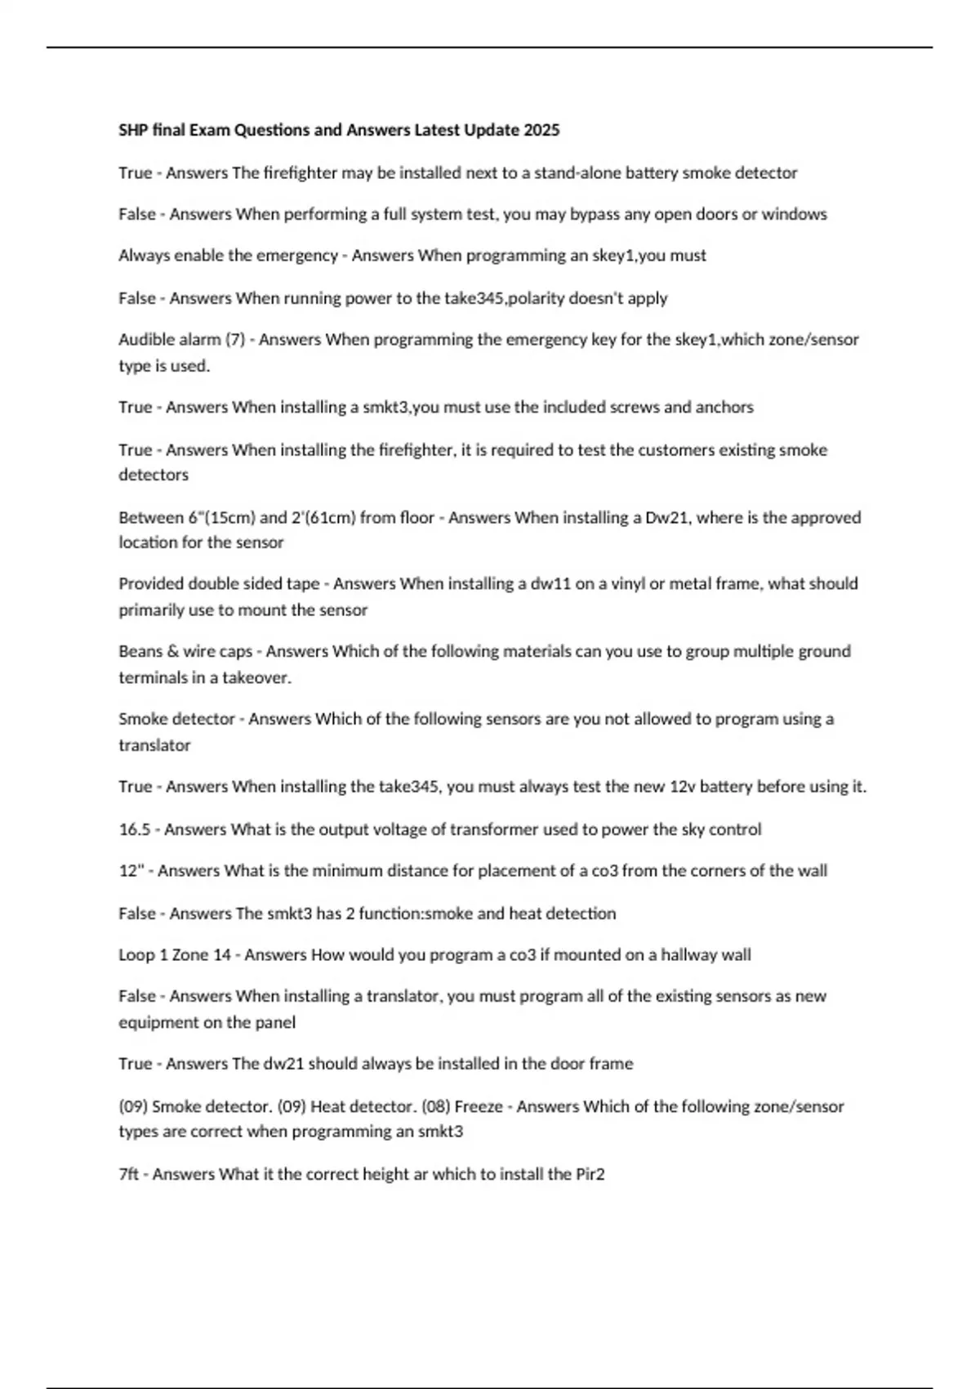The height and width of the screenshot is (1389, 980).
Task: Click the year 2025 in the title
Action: pyautogui.click(x=541, y=130)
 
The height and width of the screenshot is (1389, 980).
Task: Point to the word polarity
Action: pyautogui.click(x=536, y=298)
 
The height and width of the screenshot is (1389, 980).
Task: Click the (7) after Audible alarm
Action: pyautogui.click(x=235, y=339)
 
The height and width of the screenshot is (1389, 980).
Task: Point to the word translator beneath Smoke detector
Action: pyautogui.click(x=154, y=745)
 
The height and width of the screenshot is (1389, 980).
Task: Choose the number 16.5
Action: pyautogui.click(x=134, y=829)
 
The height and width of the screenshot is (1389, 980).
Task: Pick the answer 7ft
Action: pyautogui.click(x=129, y=1174)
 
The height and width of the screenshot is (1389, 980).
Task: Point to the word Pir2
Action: pyautogui.click(x=590, y=1174)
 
